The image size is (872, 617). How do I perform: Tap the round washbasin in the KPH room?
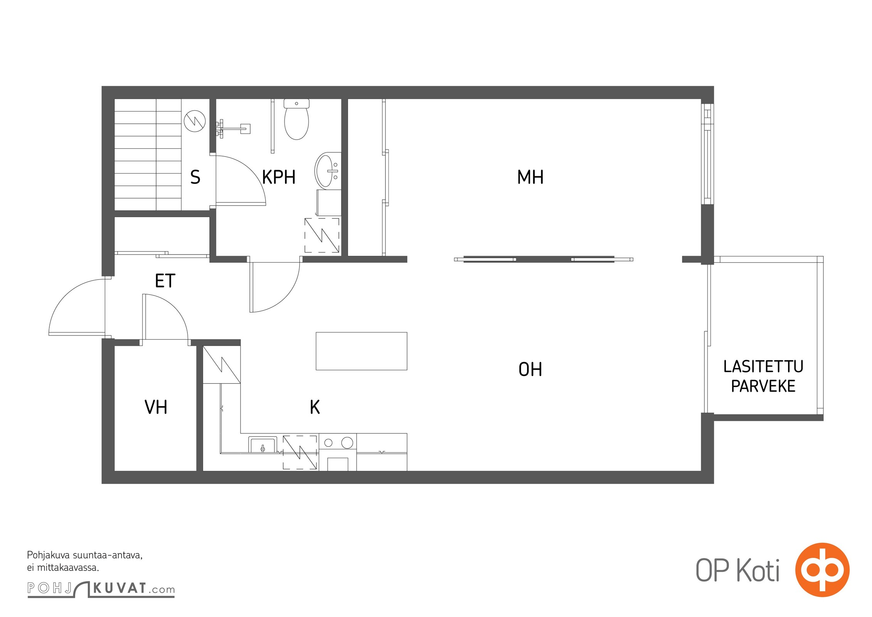point(328,170)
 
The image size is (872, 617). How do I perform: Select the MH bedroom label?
point(530,177)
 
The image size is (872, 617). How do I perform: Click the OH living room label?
point(530,369)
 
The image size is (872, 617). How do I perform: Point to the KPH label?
point(278,177)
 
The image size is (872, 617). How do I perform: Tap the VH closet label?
point(156,407)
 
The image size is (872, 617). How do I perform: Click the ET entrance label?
point(165,281)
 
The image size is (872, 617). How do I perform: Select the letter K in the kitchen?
point(315,407)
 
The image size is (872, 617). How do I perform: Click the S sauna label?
point(195,177)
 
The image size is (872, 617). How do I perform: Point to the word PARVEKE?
point(763,386)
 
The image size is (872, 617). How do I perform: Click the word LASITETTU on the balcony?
point(763,366)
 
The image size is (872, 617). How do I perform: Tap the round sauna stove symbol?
point(195,121)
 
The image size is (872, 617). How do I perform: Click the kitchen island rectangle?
point(361,351)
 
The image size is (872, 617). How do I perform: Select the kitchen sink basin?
point(263,445)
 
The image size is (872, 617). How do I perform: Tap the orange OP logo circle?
point(822,570)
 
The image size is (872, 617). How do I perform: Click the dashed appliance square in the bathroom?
point(322,235)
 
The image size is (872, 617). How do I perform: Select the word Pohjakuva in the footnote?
point(48,556)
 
